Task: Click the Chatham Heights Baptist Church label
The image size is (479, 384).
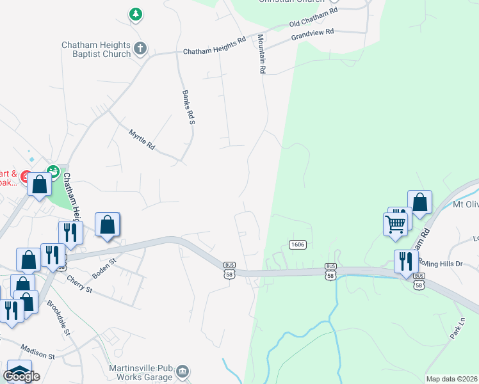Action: point(96,49)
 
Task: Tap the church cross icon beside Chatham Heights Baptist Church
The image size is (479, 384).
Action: point(141,47)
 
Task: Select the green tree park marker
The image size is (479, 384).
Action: point(135,13)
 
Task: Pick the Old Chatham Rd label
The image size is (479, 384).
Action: point(313,19)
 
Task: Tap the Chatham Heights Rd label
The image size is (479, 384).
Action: point(215,45)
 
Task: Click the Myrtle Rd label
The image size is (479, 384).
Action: point(142,140)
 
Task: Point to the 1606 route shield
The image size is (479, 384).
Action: point(297,244)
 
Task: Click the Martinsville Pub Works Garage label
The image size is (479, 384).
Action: point(130,371)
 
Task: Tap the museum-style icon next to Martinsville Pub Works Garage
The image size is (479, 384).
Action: point(183,371)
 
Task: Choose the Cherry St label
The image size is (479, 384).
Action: point(81,282)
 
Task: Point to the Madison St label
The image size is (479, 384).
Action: point(38,351)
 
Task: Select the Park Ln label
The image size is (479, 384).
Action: point(457,328)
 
